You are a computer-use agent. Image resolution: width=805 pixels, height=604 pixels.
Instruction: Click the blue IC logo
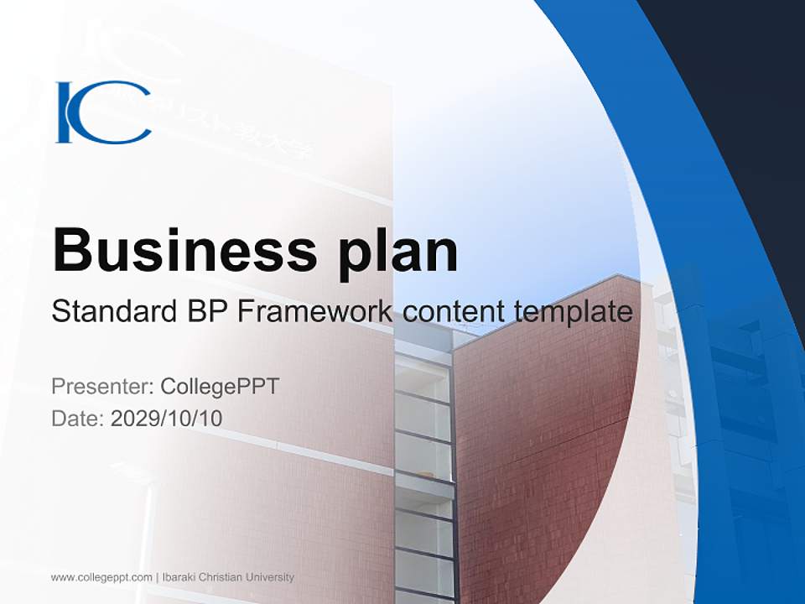tap(103, 112)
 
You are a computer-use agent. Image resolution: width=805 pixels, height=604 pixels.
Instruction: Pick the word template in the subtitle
tap(573, 312)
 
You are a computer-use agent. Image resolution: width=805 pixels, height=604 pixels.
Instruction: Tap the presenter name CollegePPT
tap(220, 387)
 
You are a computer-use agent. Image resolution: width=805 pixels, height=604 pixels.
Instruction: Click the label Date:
tap(78, 418)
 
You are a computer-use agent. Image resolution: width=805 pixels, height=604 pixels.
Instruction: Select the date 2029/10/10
tap(167, 418)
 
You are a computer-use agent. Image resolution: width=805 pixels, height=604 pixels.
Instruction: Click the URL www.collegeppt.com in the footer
tap(101, 577)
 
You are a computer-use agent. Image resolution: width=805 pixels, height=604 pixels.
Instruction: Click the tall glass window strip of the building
tap(423, 470)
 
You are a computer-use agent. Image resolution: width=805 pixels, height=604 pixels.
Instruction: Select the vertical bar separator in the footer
tap(157, 577)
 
